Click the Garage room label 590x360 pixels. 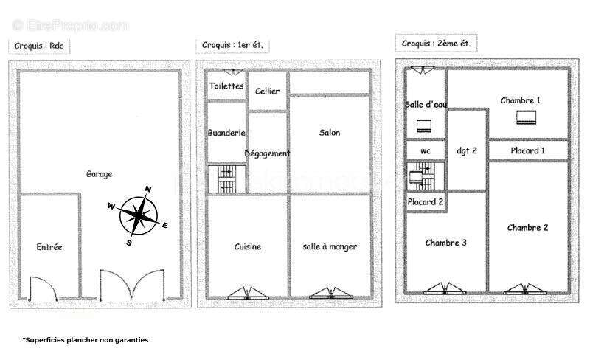tap(100, 174)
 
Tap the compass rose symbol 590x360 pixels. tap(138, 215)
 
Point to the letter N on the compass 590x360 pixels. tap(148, 189)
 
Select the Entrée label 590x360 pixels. tap(49, 247)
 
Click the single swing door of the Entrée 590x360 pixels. tap(44, 289)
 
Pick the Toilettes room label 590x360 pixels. tap(226, 86)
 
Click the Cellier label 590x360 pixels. tap(267, 91)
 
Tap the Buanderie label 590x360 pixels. tap(226, 133)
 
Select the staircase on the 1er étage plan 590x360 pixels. tap(227, 179)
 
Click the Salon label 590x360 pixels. tap(330, 133)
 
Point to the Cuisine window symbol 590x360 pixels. tap(247, 294)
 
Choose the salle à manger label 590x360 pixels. tap(330, 246)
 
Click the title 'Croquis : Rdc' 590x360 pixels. tap(39, 46)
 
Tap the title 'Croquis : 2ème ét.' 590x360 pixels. tap(436, 44)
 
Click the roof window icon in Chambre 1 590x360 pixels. tap(527, 117)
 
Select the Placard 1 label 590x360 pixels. tap(528, 150)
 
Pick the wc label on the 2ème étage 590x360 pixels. tap(426, 151)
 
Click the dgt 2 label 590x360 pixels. tap(467, 150)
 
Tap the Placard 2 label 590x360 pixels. tap(426, 202)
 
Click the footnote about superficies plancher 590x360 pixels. tap(86, 340)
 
